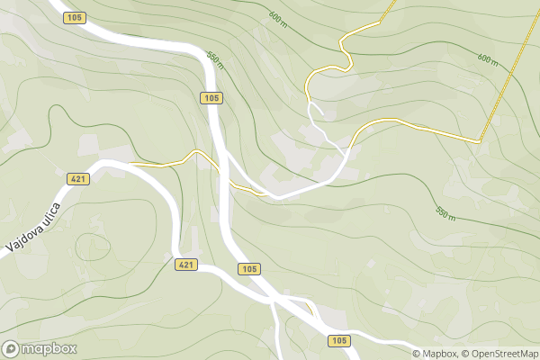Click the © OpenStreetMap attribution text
[x=500, y=354]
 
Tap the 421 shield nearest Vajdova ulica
[x=78, y=179]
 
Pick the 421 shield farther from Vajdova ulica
[x=185, y=264]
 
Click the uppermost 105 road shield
[x=76, y=17]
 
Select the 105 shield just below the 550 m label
[x=211, y=97]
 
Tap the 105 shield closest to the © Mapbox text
[x=338, y=340]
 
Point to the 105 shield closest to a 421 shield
[x=249, y=269]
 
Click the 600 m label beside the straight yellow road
[x=488, y=59]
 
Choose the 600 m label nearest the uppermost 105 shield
[x=277, y=17]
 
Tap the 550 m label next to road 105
[x=214, y=57]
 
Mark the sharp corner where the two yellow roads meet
[x=480, y=141]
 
